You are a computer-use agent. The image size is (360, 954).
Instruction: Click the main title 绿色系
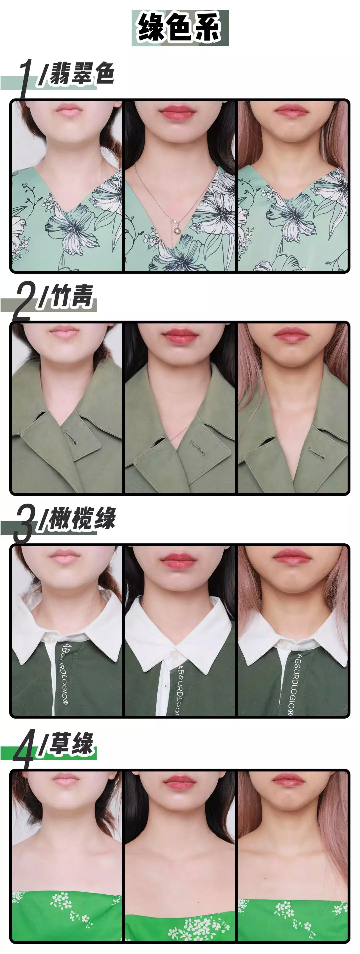click(x=180, y=28)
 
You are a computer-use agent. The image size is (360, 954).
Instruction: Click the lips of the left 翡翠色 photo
click(x=67, y=110)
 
